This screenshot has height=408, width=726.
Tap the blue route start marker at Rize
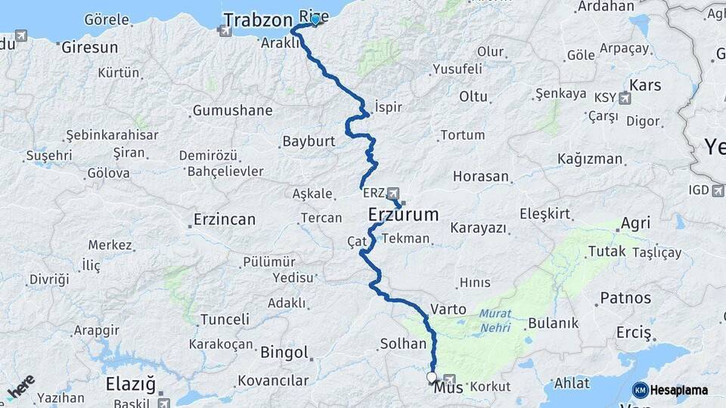point(315,20)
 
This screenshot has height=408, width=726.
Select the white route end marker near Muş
point(432,376)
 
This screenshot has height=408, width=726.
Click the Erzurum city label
point(403,215)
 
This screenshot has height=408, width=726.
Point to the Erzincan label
point(224,220)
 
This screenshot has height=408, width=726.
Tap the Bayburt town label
point(309,141)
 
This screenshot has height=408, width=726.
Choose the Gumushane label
point(232,111)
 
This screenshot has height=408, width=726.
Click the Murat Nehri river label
point(495,320)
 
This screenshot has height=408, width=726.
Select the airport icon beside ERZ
point(392,193)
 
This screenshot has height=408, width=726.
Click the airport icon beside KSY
point(625,97)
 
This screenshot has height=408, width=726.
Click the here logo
point(20,388)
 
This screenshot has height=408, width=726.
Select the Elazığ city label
point(131,382)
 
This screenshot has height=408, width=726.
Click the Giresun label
point(89,47)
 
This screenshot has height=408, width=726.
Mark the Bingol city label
point(284,352)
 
